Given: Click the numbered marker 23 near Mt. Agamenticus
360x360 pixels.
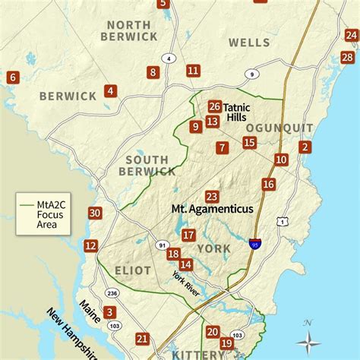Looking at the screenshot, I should point(212,197).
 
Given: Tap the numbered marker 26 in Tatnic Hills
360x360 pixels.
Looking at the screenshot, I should point(215,107).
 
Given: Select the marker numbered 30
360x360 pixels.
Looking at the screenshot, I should point(95,213).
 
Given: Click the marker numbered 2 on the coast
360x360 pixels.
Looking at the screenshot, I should point(305,147).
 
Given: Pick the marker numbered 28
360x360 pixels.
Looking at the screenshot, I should point(348,57).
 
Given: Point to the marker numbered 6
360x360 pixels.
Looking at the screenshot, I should point(12,77).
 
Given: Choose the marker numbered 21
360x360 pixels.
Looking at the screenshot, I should point(142,339).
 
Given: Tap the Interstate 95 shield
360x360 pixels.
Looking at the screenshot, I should point(254,245).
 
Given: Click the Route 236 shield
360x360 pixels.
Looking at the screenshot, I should point(113,293).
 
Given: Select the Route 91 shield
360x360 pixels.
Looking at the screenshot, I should point(162,245).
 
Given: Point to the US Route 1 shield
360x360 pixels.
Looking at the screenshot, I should point(283,221).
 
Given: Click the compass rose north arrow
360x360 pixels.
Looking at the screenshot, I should point(307,334).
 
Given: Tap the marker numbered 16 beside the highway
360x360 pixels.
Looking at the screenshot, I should point(268,184).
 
